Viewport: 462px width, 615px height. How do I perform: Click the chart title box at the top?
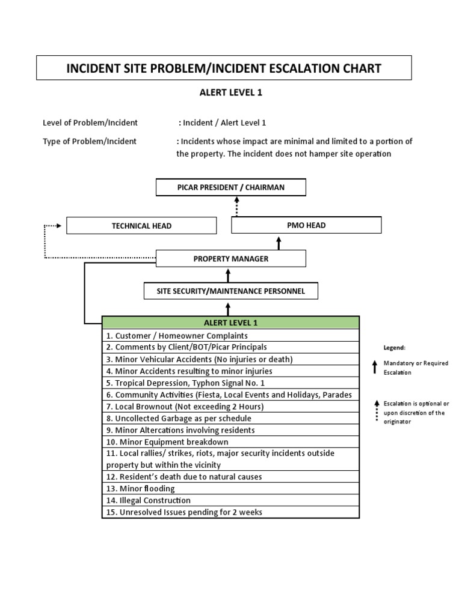(224, 68)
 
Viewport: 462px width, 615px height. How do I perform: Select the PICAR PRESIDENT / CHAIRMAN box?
(231, 187)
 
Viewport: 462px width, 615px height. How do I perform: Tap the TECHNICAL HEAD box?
(141, 226)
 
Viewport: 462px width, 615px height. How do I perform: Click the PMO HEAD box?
(307, 225)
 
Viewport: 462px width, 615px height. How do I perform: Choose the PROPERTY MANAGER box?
(231, 259)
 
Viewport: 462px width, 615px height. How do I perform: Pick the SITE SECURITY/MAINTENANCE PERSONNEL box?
(231, 291)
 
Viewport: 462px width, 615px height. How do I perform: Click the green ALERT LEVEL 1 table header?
(230, 323)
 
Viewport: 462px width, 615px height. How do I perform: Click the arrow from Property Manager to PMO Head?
(279, 242)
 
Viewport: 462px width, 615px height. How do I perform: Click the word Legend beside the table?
(395, 348)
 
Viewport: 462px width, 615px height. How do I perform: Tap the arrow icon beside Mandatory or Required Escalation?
(375, 368)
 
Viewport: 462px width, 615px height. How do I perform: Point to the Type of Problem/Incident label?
(90, 142)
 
